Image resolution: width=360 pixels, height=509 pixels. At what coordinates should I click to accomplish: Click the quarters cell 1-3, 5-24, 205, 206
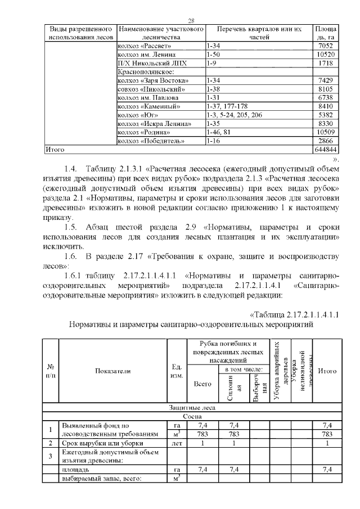pos(235,115)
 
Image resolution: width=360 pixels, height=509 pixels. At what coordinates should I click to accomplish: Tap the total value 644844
pos(325,150)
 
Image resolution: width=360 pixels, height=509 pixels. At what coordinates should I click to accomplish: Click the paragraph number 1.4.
pos(70,168)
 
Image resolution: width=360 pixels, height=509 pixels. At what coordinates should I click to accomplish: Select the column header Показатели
pos(112,371)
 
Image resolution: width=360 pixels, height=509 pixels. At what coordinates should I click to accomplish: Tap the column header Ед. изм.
pos(176,371)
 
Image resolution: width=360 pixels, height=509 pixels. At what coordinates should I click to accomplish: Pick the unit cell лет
pos(176,444)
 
